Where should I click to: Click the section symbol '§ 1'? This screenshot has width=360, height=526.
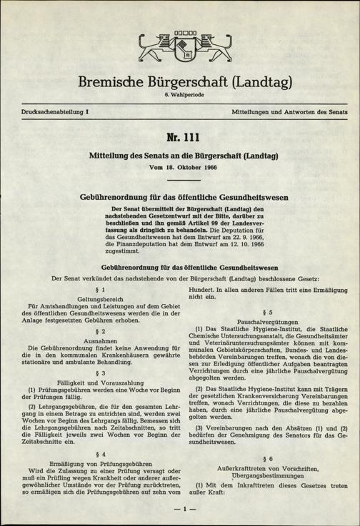(x=93, y=289)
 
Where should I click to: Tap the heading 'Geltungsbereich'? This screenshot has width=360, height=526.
(x=93, y=298)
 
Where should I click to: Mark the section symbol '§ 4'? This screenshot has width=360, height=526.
(x=93, y=452)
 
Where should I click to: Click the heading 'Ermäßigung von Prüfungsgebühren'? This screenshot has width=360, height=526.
(x=93, y=462)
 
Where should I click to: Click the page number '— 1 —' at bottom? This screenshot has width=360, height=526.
(x=180, y=509)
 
